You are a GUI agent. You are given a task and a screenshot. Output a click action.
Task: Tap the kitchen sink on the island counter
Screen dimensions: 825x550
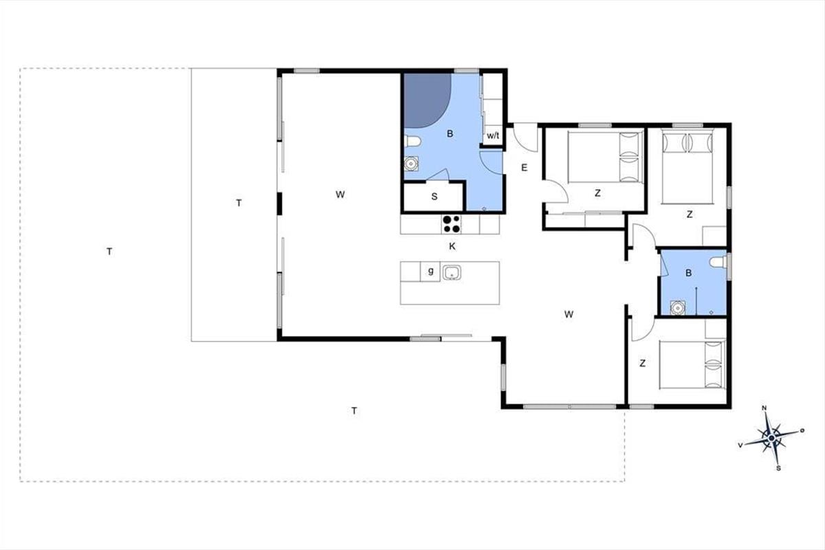pyautogui.click(x=452, y=273)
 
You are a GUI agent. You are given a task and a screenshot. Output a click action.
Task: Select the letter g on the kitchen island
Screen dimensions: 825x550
pyautogui.click(x=430, y=272)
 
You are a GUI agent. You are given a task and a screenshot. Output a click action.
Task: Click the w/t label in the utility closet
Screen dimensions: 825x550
pyautogui.click(x=493, y=135)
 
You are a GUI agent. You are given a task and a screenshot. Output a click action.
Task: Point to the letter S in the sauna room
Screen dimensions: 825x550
pyautogui.click(x=434, y=197)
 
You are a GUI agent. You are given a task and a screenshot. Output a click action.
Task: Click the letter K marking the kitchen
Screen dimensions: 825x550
pyautogui.click(x=452, y=246)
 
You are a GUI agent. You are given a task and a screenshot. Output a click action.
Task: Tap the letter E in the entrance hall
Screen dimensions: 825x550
pyautogui.click(x=525, y=168)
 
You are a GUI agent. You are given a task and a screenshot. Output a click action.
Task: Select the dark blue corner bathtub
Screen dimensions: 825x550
pyautogui.click(x=427, y=100)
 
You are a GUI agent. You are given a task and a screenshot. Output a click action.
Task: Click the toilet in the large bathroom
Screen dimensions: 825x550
pyautogui.click(x=412, y=141)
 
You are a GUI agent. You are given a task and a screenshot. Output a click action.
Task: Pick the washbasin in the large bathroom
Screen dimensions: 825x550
pyautogui.click(x=411, y=164)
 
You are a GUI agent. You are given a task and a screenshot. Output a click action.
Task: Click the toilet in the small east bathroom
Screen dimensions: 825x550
pyautogui.click(x=718, y=263)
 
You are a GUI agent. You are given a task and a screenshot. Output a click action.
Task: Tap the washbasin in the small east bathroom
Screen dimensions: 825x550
pyautogui.click(x=677, y=307)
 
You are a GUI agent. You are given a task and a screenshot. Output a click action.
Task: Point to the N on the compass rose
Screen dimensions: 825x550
pyautogui.click(x=764, y=408)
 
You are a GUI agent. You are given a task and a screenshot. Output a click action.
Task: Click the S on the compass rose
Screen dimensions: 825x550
pyautogui.click(x=778, y=469)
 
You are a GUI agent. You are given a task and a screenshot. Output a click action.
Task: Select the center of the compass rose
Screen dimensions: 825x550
pyautogui.click(x=771, y=438)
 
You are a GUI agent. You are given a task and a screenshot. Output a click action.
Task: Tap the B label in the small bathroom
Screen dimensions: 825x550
pyautogui.click(x=689, y=273)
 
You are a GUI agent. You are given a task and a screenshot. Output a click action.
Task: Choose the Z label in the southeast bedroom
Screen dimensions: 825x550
pyautogui.click(x=643, y=364)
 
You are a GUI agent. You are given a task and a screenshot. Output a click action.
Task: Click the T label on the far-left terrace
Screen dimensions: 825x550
pyautogui.click(x=109, y=252)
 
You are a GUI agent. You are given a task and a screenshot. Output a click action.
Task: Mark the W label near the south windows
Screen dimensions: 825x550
pyautogui.click(x=569, y=314)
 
